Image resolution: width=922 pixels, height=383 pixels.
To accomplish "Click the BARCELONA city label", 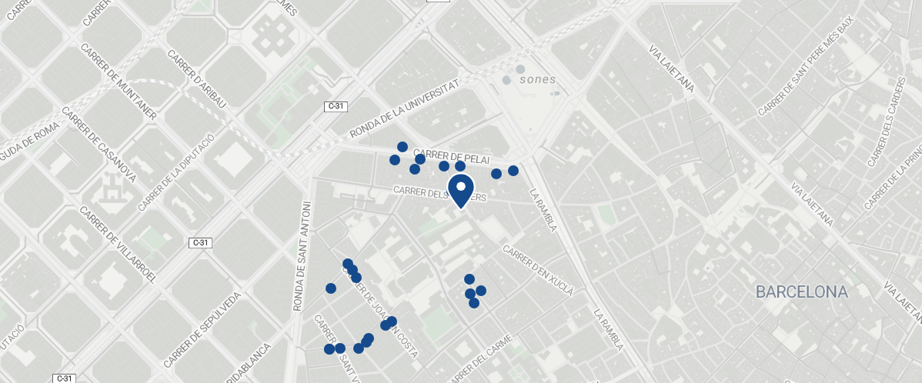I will pyautogui.click(x=801, y=292).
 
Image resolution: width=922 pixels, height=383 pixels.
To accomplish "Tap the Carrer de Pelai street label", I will pyautogui.click(x=452, y=155).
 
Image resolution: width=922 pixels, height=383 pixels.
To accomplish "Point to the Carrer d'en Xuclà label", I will pyautogui.click(x=538, y=270).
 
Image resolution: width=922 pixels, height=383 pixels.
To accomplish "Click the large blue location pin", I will pyautogui.click(x=460, y=190).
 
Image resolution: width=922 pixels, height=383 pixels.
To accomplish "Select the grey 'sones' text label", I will pyautogui.click(x=537, y=79).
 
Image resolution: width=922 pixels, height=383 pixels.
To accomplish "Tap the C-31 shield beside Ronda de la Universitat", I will pyautogui.click(x=334, y=107).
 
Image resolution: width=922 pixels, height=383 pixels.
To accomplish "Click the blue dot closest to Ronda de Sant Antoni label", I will pyautogui.click(x=331, y=288).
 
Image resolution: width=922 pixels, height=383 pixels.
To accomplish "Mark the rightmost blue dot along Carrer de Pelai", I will pyautogui.click(x=513, y=170).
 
